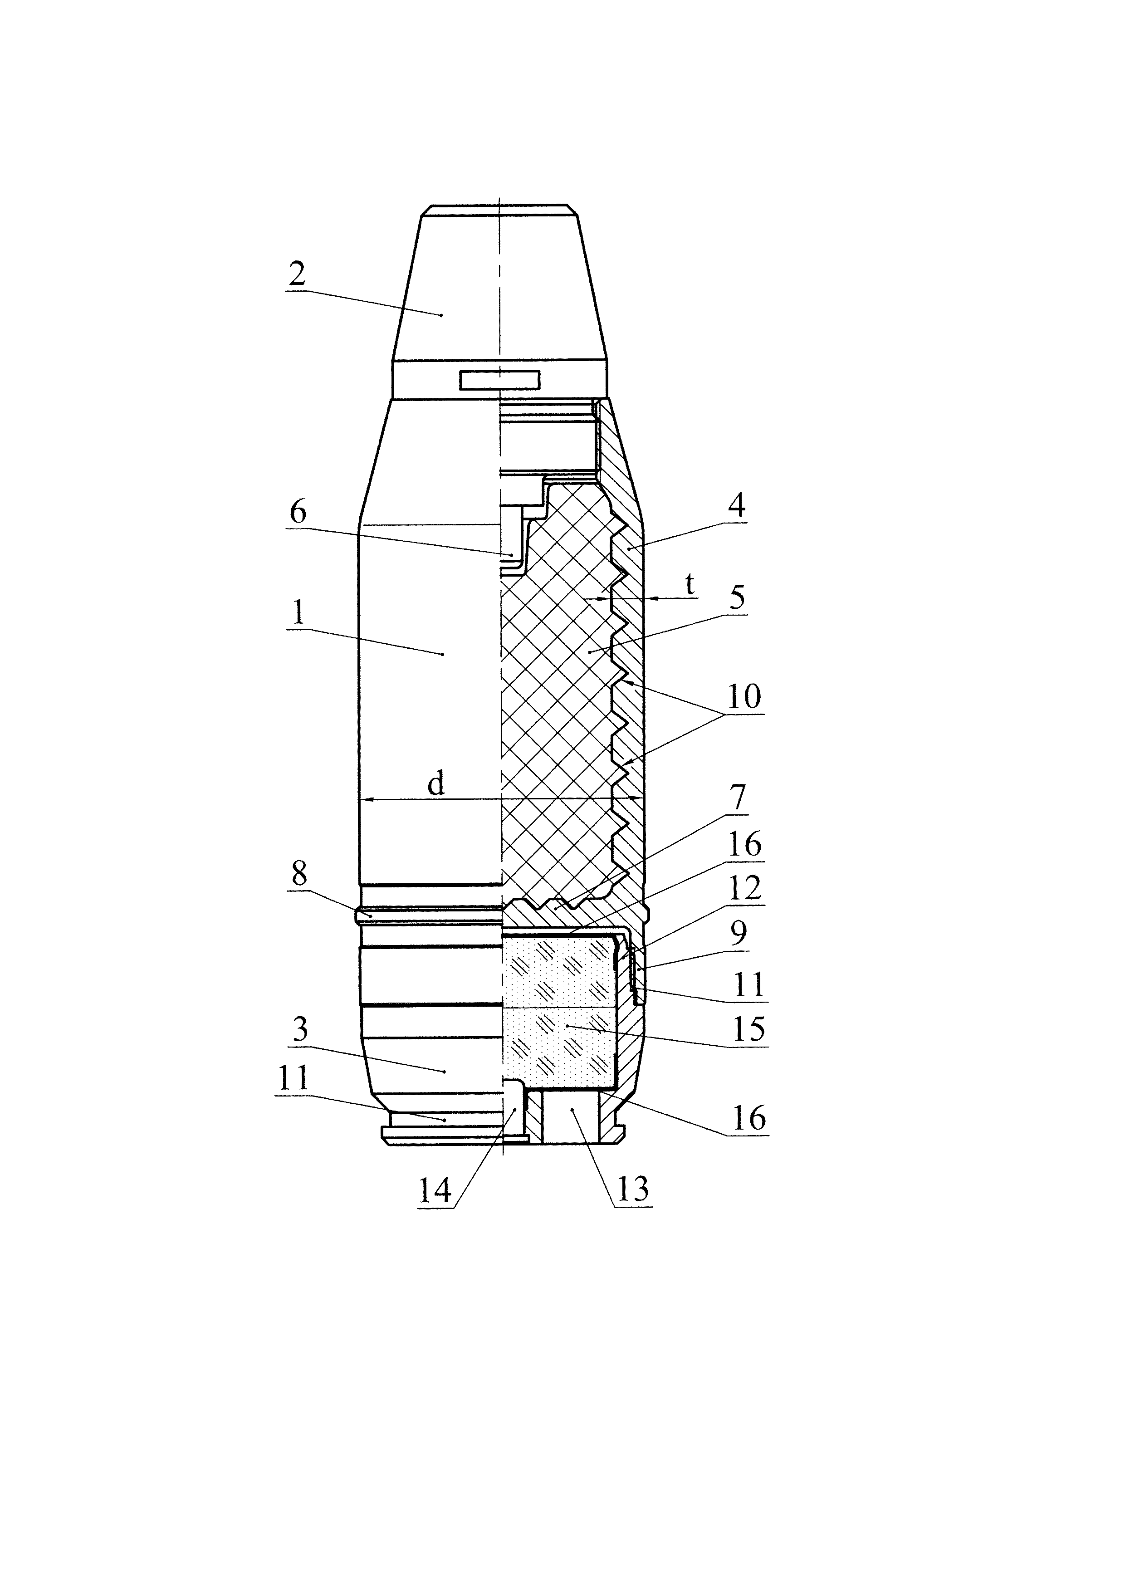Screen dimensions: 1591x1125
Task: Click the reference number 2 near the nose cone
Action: point(297,275)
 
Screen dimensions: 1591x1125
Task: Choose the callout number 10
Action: point(743,696)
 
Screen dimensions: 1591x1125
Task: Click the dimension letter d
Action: point(435,784)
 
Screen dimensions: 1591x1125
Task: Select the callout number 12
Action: point(745,888)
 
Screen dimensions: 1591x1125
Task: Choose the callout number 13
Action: point(632,1189)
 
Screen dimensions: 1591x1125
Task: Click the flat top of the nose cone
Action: point(499,206)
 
